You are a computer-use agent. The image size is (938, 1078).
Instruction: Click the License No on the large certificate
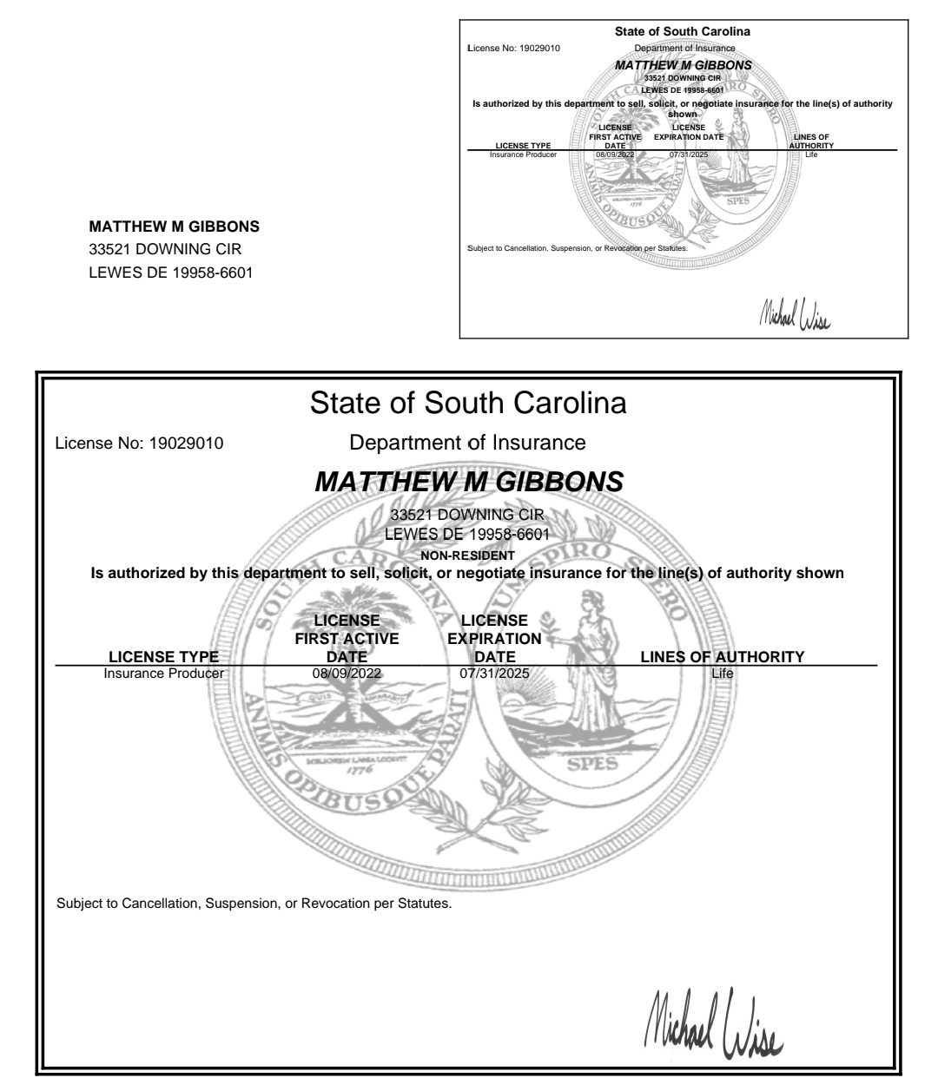click(139, 444)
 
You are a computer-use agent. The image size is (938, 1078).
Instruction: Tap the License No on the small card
click(513, 48)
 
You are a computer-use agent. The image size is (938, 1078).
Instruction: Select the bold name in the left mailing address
click(175, 227)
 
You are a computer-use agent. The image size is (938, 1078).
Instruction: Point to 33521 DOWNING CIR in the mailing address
click(165, 250)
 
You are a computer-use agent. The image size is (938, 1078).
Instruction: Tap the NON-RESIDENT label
click(467, 555)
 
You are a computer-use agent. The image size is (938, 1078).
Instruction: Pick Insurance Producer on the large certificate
click(163, 672)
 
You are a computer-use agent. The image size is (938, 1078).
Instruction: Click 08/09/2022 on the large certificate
click(347, 672)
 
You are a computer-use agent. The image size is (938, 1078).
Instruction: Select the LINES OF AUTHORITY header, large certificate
click(722, 657)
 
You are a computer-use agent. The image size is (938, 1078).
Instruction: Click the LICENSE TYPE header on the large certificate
click(163, 657)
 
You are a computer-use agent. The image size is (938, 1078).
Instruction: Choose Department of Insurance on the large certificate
click(467, 443)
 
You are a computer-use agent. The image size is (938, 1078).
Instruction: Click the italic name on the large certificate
click(468, 483)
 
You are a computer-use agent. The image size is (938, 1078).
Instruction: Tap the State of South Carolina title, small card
click(682, 32)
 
